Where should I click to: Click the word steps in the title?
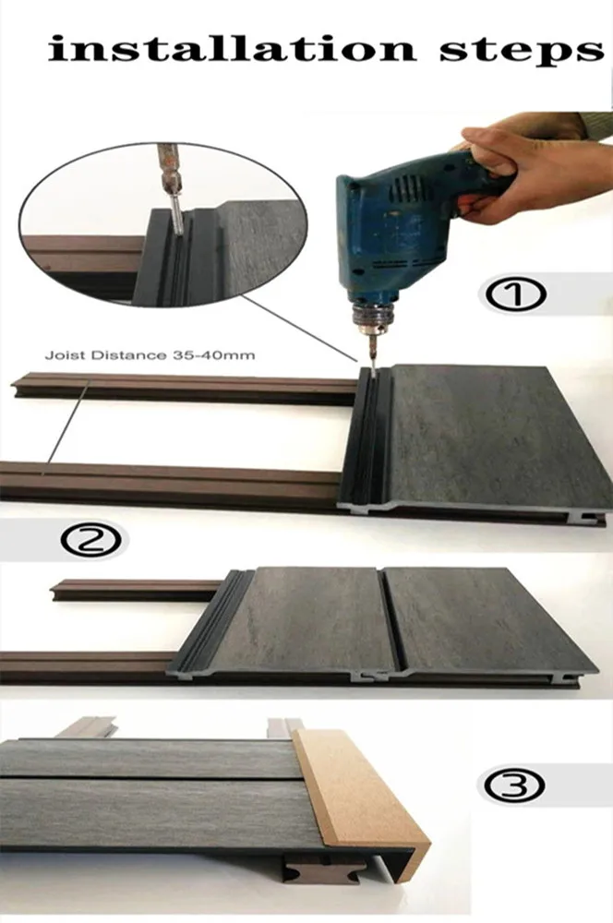[522, 52]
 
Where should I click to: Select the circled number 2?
[93, 539]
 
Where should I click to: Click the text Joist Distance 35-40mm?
[150, 355]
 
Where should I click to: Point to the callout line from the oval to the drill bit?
[300, 329]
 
